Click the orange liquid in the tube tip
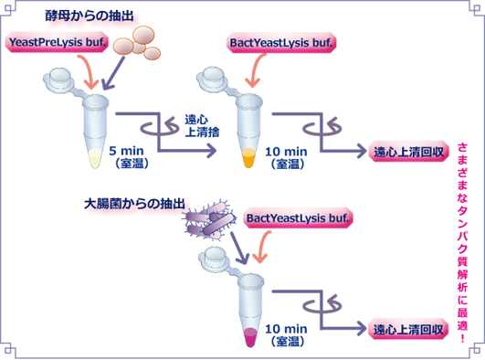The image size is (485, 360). click(248, 161)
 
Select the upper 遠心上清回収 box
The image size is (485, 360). click(409, 152)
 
